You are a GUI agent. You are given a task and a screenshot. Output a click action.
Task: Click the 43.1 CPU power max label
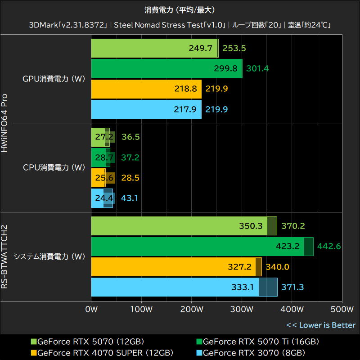pos(130,198)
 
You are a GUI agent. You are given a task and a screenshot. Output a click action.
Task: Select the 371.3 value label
pos(293,287)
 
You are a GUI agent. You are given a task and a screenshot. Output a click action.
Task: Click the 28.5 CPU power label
pos(130,178)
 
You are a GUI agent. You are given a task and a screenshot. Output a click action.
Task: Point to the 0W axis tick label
pos(91,309)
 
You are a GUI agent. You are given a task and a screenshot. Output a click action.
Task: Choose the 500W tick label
pos(342,309)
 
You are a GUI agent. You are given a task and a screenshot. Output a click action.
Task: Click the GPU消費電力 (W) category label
pos(54,79)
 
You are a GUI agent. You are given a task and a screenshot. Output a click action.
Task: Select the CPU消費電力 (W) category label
pos(54,167)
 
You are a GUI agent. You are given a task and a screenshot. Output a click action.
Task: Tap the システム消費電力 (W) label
pos(49,257)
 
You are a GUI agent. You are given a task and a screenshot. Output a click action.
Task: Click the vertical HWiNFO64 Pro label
pos(6,122)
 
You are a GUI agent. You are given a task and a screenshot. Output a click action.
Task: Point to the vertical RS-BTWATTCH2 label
pos(6,257)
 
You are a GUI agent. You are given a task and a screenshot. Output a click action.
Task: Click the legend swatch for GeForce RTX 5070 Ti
pos(199,342)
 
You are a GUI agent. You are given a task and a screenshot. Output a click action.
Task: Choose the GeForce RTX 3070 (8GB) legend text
pos(254,352)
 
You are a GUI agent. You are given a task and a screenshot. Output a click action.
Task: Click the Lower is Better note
pos(321,325)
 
